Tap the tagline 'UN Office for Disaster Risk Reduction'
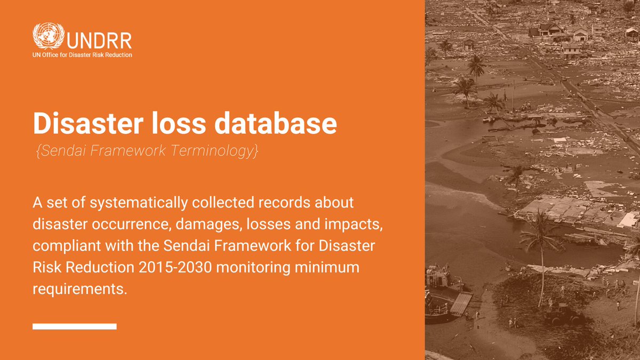click(x=82, y=55)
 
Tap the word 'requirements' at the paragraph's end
click(x=80, y=292)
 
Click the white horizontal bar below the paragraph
click(x=74, y=326)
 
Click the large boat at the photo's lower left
click(x=441, y=293)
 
